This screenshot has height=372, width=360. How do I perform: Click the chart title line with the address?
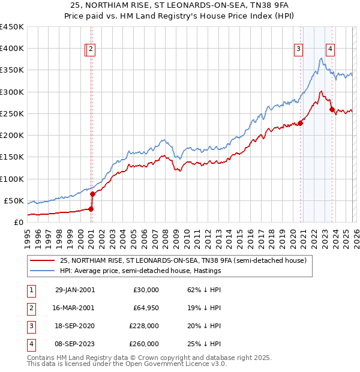[180, 5]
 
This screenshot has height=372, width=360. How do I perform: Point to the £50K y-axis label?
[14, 200]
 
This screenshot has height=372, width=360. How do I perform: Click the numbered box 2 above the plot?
[91, 50]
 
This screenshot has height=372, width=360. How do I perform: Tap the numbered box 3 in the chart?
[298, 50]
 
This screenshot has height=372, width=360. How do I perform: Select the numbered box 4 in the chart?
[331, 50]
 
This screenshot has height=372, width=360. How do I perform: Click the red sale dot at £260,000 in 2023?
[332, 109]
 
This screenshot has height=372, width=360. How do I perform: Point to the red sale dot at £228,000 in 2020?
[300, 123]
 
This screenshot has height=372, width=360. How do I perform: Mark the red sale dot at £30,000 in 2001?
[91, 209]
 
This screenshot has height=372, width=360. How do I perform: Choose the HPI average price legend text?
[140, 271]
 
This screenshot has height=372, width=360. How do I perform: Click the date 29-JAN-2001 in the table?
[74, 290]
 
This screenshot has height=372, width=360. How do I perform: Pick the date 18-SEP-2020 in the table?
[74, 327]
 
